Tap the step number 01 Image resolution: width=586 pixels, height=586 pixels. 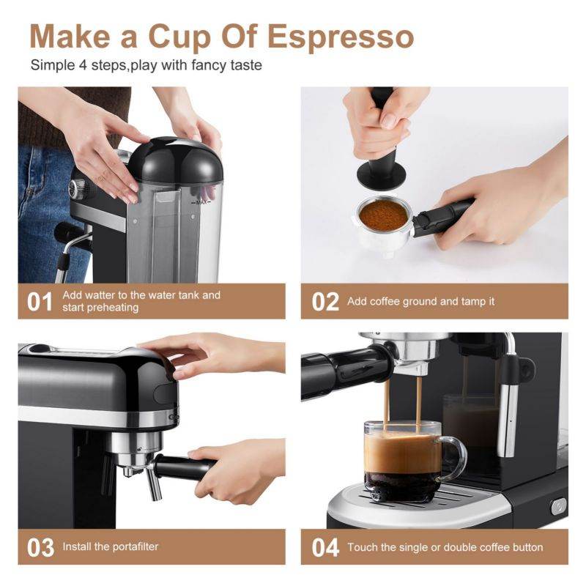pos(40,302)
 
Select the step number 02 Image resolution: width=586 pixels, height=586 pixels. pos(325,302)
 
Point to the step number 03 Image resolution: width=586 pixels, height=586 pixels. pos(41,547)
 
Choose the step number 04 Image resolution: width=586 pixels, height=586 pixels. pos(325,547)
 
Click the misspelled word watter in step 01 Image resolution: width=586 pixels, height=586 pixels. pos(100,295)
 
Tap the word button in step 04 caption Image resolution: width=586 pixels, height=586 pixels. pos(524,547)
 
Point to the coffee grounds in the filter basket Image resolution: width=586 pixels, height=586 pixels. pos(383,213)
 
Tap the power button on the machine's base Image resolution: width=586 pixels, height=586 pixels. pos(558,506)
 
